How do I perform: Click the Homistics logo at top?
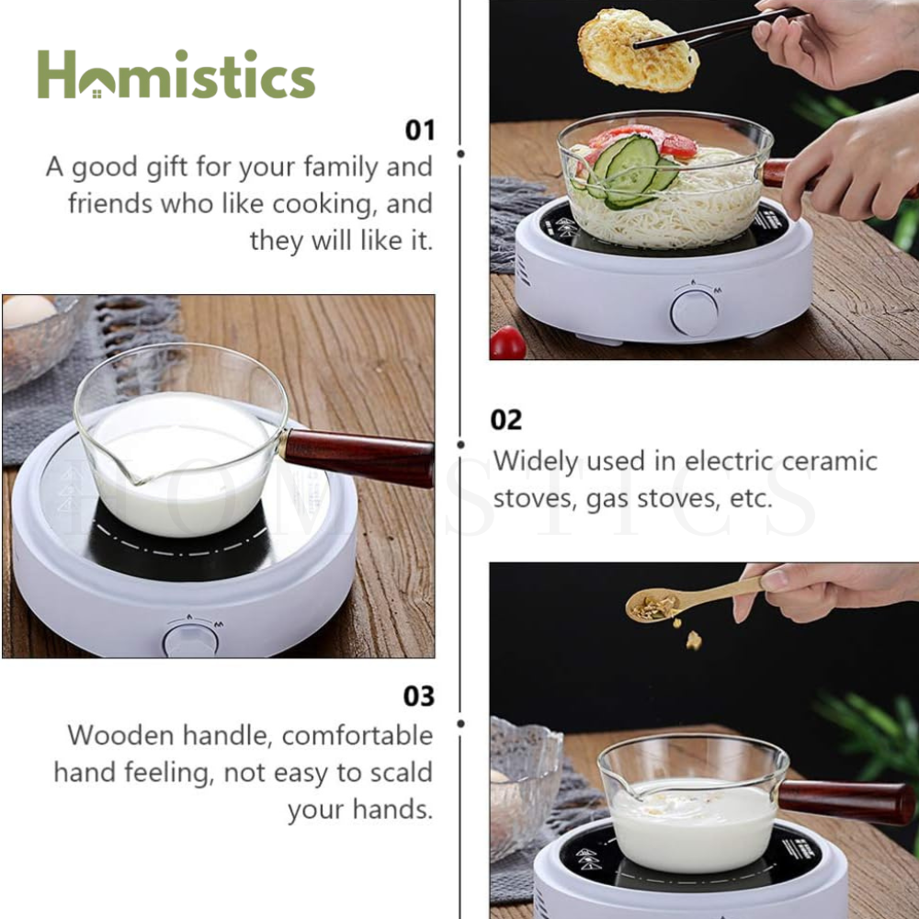(x=176, y=74)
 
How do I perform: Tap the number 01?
(x=420, y=130)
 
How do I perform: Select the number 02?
(x=505, y=420)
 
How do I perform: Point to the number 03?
(x=419, y=697)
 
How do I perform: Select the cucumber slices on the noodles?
(x=630, y=170)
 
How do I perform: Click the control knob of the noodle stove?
(x=694, y=313)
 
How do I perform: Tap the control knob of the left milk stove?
(x=190, y=641)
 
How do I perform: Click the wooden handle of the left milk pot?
(x=357, y=458)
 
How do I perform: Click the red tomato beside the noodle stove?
(x=507, y=343)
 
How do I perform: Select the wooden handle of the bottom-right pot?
(x=845, y=802)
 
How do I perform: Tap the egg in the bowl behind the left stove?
(x=28, y=311)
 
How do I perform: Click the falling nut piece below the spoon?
(x=694, y=641)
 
